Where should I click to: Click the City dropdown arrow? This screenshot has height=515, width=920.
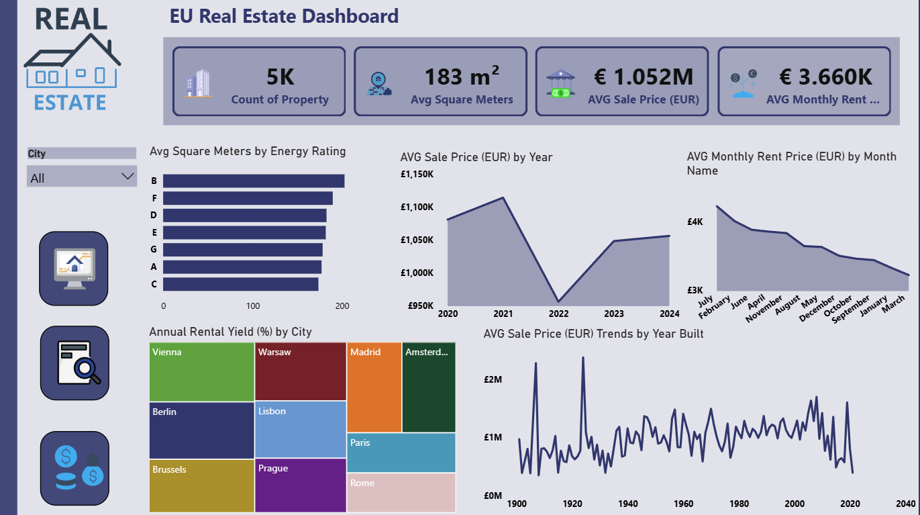tap(127, 177)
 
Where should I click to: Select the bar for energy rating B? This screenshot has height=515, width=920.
tap(254, 181)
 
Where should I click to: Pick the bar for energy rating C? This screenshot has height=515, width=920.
tap(241, 284)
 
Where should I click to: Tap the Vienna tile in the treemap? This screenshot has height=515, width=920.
tap(202, 371)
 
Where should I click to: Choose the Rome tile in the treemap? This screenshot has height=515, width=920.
tap(401, 492)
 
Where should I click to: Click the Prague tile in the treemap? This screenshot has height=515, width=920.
tap(301, 485)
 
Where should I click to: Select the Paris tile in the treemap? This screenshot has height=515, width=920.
tap(401, 453)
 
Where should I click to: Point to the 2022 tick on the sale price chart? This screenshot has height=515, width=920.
tap(558, 314)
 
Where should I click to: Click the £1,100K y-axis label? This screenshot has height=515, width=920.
tap(417, 207)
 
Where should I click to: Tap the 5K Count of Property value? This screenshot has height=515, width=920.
tap(280, 77)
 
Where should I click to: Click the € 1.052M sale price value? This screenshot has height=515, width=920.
tap(644, 77)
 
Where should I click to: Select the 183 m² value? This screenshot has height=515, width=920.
tap(462, 76)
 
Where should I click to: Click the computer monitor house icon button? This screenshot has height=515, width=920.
tap(74, 269)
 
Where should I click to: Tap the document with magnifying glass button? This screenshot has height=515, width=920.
tap(74, 363)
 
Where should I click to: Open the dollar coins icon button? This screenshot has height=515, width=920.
tap(74, 468)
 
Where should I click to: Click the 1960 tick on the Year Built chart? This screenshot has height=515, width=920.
tap(683, 504)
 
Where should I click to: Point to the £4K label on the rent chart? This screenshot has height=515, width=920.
tap(695, 222)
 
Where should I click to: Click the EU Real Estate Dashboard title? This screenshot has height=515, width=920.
tap(285, 16)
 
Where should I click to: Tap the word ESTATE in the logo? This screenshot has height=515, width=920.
tap(70, 102)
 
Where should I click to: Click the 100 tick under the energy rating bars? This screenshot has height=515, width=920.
tap(253, 306)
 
